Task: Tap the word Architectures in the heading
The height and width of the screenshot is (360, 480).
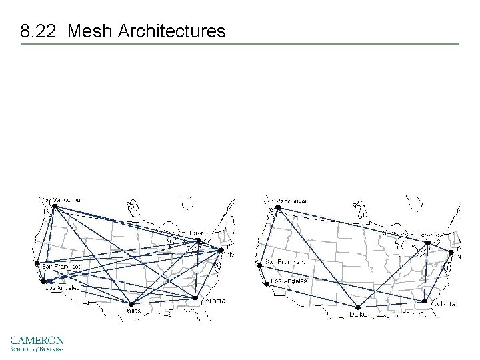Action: point(172,31)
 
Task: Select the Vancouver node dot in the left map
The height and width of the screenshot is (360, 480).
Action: point(55,206)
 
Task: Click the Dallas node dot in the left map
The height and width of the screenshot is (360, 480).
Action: point(131,305)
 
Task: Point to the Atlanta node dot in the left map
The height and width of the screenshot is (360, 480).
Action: point(195,298)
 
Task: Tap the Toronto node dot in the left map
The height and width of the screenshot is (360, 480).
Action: point(198,240)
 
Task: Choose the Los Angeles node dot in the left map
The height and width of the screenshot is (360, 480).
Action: point(43,281)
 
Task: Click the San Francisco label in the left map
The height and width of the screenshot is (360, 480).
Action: point(61,266)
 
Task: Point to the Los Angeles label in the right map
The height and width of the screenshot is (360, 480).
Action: point(288,282)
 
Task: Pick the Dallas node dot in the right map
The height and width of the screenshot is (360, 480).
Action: point(352,307)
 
